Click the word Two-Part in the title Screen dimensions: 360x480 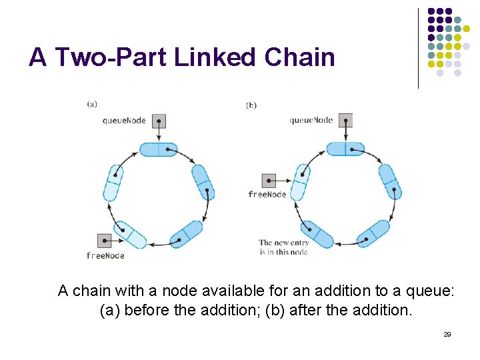point(111,57)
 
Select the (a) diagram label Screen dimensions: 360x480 point(92,103)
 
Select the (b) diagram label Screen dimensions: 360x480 point(251,105)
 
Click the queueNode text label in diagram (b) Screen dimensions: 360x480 point(311,120)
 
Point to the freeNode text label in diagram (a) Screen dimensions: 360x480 point(105,255)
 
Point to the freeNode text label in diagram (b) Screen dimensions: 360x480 point(267,194)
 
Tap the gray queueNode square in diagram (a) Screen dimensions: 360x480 point(159,121)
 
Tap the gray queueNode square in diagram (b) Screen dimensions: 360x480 point(345,120)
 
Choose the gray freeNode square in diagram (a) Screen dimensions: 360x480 point(104,241)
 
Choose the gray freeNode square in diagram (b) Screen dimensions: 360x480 point(268,180)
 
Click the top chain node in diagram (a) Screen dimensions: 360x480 point(158,149)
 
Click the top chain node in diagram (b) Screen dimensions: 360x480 point(345,149)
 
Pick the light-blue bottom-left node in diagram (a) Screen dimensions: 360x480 point(130,235)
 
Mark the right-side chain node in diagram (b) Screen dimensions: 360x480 point(389,181)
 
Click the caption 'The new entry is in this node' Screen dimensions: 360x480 point(283,247)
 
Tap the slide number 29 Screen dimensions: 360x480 point(447,334)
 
